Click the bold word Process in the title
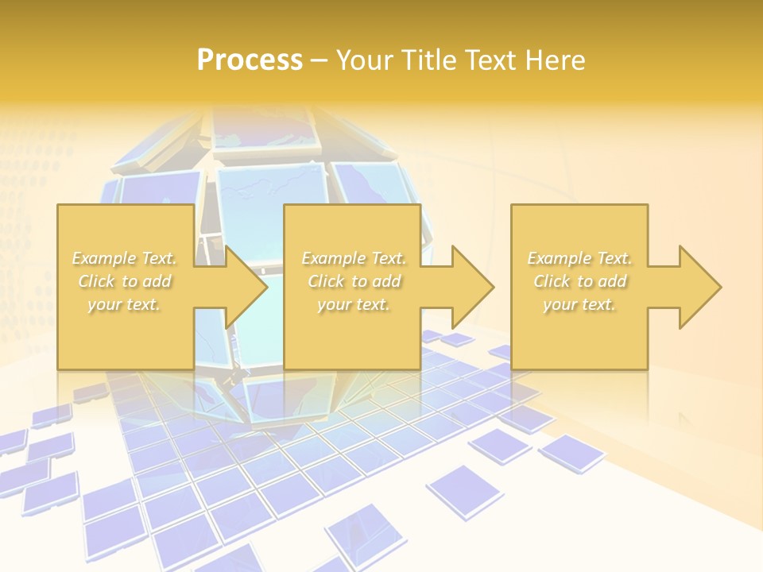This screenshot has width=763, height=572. [x=250, y=60]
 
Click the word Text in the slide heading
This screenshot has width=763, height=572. [x=494, y=60]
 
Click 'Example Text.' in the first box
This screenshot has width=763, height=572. [x=124, y=258]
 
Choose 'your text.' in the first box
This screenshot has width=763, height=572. [x=124, y=304]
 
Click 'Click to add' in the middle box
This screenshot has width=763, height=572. [x=354, y=281]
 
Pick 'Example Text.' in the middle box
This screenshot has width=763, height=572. [x=354, y=258]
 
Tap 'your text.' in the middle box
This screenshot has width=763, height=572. [x=354, y=304]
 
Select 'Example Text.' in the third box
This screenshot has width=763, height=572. [x=579, y=258]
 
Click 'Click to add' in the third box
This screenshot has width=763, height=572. [x=579, y=281]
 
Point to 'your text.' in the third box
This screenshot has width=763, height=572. [x=579, y=304]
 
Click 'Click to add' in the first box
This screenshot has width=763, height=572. [x=124, y=281]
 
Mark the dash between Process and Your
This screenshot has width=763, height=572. [x=319, y=60]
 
